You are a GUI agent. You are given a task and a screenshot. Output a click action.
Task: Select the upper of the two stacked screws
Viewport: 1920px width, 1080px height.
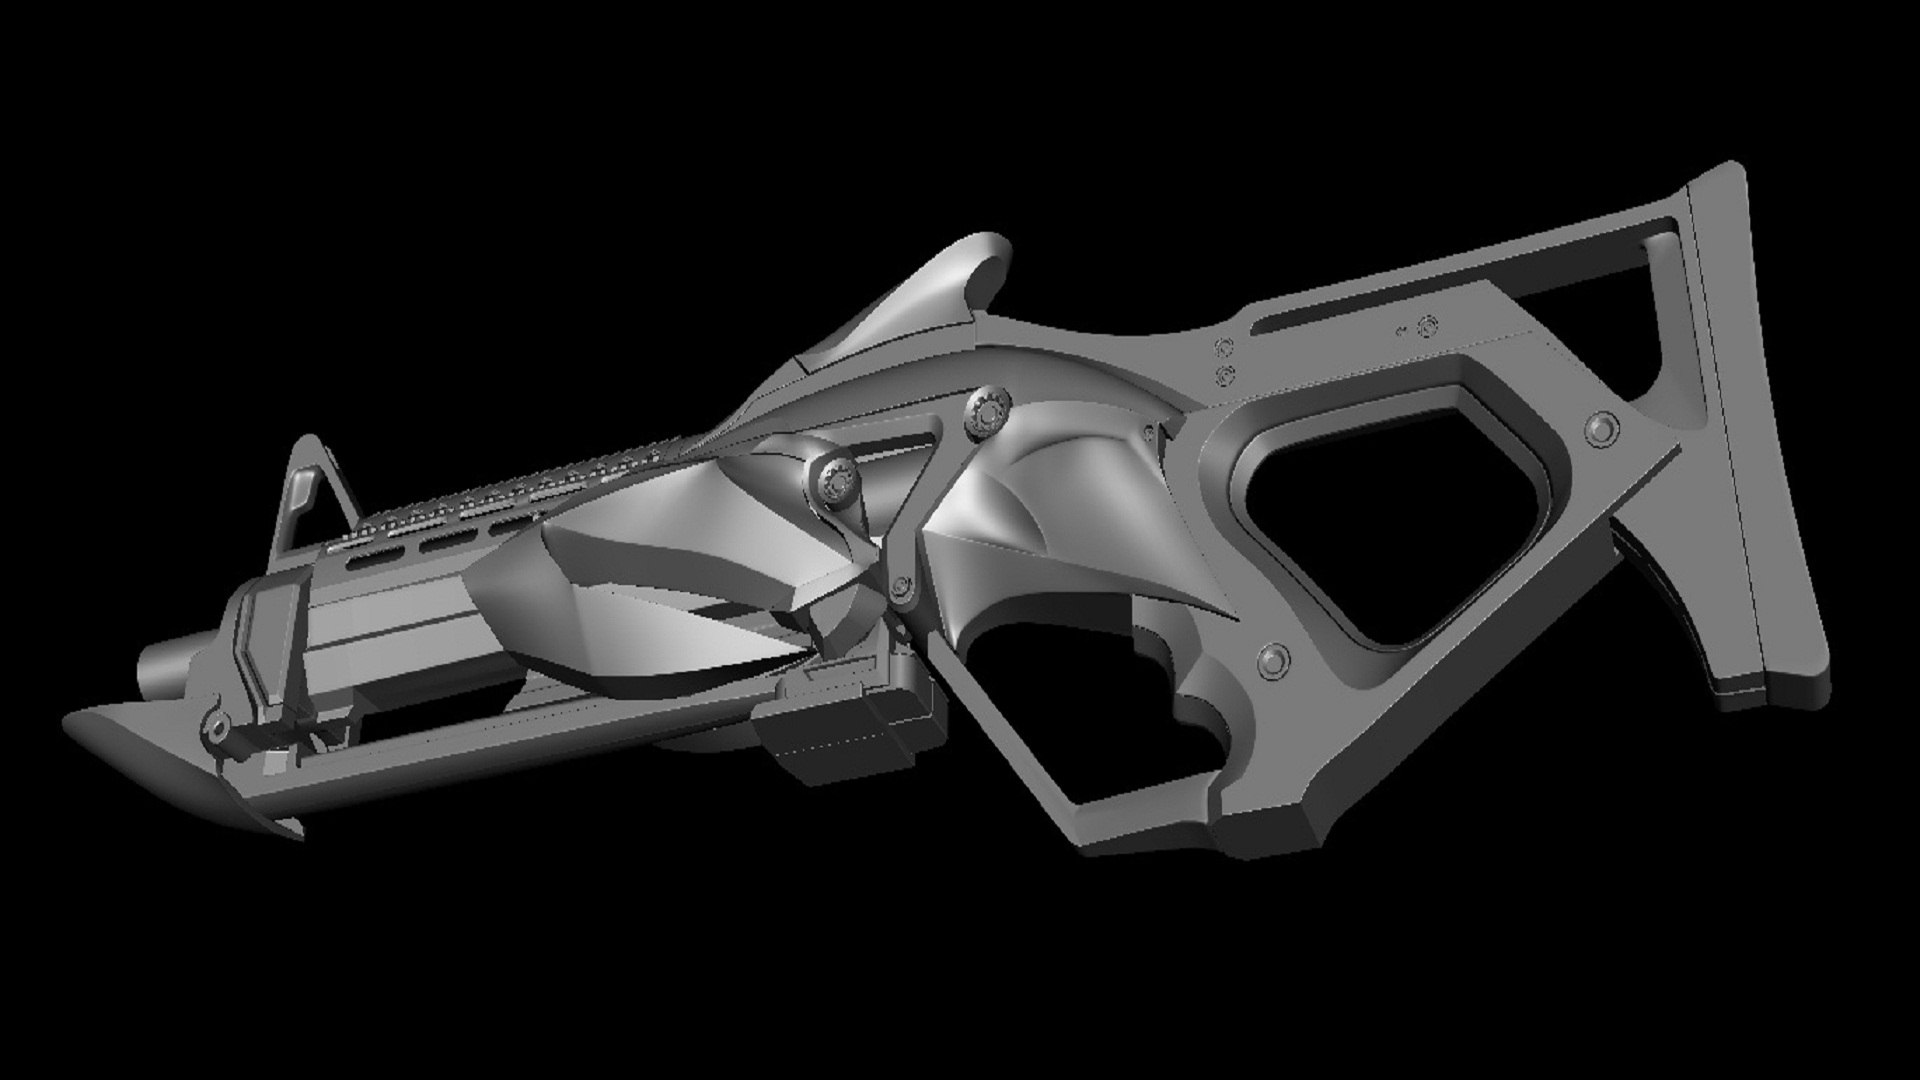1221,347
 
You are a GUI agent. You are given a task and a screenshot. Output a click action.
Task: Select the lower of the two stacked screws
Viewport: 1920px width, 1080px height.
1221,373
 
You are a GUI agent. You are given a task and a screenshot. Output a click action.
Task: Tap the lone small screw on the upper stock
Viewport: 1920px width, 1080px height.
1428,325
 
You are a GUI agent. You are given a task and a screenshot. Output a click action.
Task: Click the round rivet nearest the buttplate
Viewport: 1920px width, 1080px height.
1603,428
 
